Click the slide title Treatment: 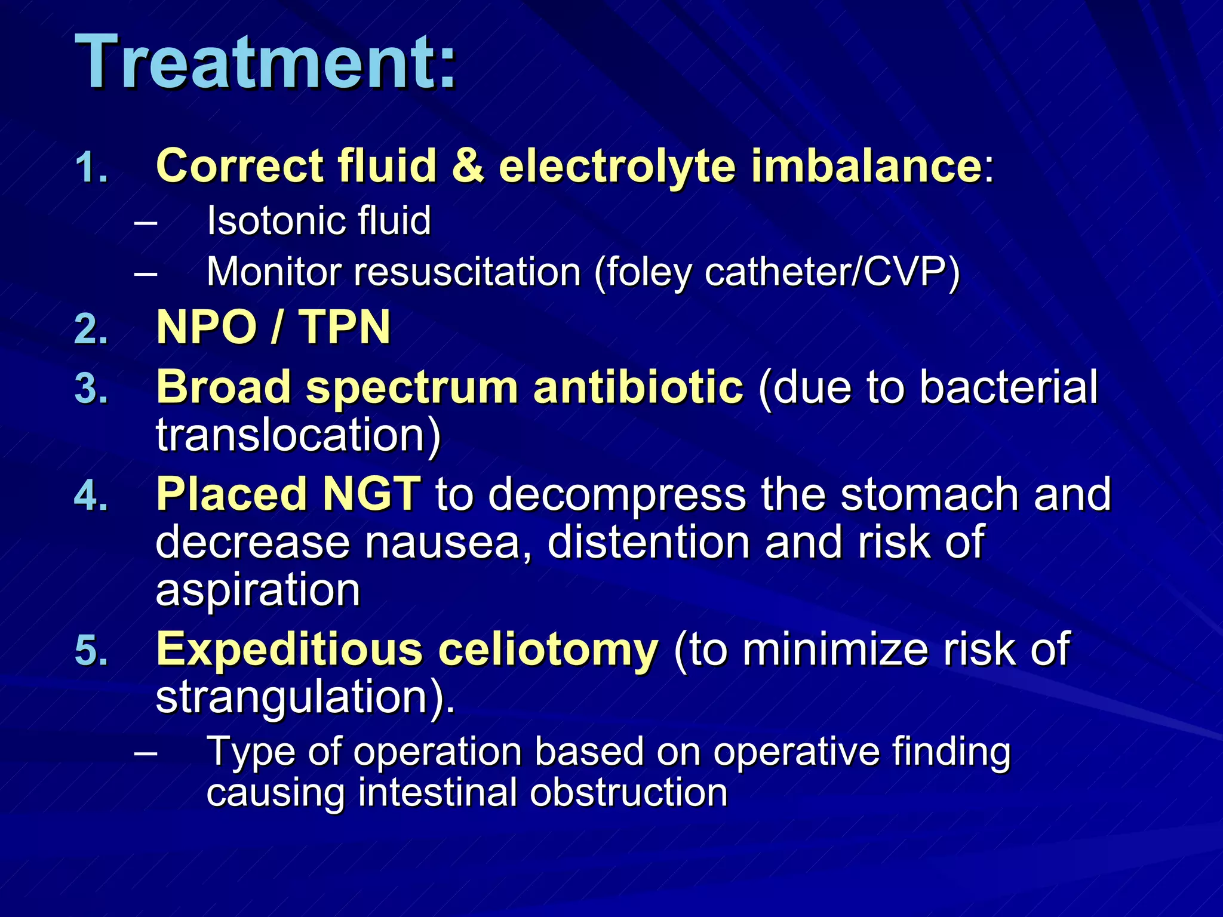point(266,62)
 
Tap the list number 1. point(91,168)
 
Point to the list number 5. point(91,651)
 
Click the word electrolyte point(617,166)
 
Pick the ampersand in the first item point(468,166)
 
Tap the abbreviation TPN point(345,328)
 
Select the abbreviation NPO point(207,328)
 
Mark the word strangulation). point(305,697)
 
